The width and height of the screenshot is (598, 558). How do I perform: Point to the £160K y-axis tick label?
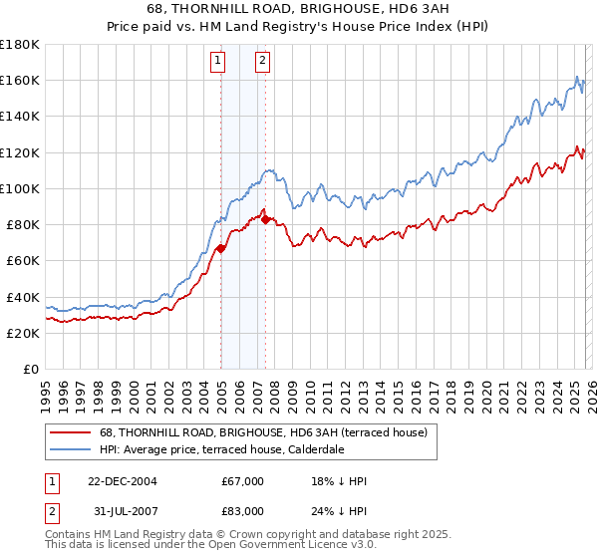[20, 80]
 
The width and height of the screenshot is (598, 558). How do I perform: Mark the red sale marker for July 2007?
[265, 219]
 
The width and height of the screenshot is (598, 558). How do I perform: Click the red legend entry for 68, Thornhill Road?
[263, 432]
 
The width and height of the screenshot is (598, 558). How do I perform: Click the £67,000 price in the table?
[242, 481]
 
